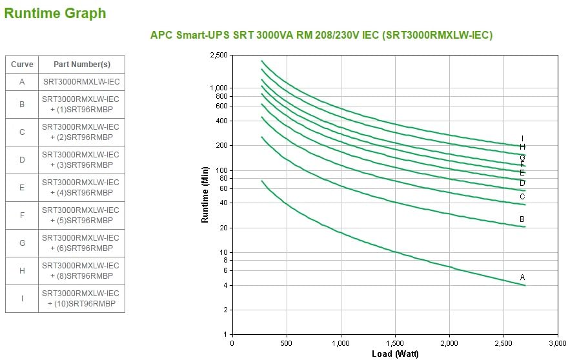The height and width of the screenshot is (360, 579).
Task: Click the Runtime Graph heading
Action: click(x=55, y=13)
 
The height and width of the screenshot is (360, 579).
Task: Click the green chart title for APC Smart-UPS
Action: click(x=321, y=35)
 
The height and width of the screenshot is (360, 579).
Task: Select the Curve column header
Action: click(x=22, y=65)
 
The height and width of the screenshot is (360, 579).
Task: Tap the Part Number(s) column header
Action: click(x=81, y=65)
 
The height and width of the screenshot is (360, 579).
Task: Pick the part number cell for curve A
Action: click(x=81, y=82)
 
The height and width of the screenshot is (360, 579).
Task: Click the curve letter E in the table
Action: click(x=22, y=188)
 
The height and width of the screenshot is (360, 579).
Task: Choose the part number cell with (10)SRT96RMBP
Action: click(x=81, y=298)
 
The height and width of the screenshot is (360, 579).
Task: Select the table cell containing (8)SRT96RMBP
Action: click(x=81, y=270)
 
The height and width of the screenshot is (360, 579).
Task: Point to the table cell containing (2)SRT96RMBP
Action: click(x=81, y=132)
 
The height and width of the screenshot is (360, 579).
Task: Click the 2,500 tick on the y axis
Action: click(x=219, y=55)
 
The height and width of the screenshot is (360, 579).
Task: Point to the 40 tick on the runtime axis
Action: click(x=223, y=203)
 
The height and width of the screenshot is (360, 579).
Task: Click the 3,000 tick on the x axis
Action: click(x=558, y=343)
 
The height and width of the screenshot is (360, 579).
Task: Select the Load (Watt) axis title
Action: click(x=395, y=354)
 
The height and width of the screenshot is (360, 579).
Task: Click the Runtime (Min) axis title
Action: click(x=205, y=194)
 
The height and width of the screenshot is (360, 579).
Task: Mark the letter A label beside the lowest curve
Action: click(x=523, y=277)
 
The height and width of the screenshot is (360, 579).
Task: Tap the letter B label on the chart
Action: click(x=522, y=219)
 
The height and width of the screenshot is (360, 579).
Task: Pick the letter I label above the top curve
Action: click(x=522, y=139)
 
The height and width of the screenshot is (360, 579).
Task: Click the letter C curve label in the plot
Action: click(x=522, y=197)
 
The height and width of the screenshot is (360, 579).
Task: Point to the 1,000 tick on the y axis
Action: click(x=219, y=88)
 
